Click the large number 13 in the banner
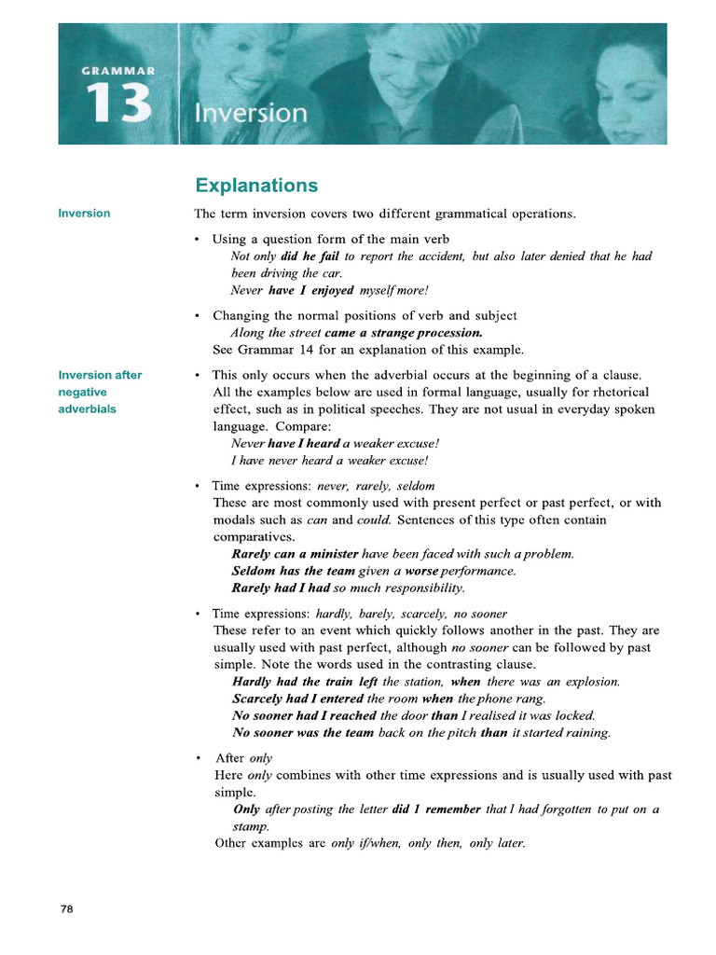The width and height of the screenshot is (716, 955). pyautogui.click(x=118, y=104)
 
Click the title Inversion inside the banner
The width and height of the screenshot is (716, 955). pyautogui.click(x=250, y=114)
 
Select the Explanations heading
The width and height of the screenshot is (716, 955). pyautogui.click(x=255, y=186)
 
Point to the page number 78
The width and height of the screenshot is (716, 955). pyautogui.click(x=66, y=909)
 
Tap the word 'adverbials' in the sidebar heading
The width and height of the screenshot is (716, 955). pyautogui.click(x=88, y=408)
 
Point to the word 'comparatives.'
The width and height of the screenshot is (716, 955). pyautogui.click(x=255, y=537)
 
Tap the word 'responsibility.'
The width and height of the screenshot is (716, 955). pyautogui.click(x=418, y=588)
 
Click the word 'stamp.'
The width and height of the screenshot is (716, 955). pyautogui.click(x=250, y=826)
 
